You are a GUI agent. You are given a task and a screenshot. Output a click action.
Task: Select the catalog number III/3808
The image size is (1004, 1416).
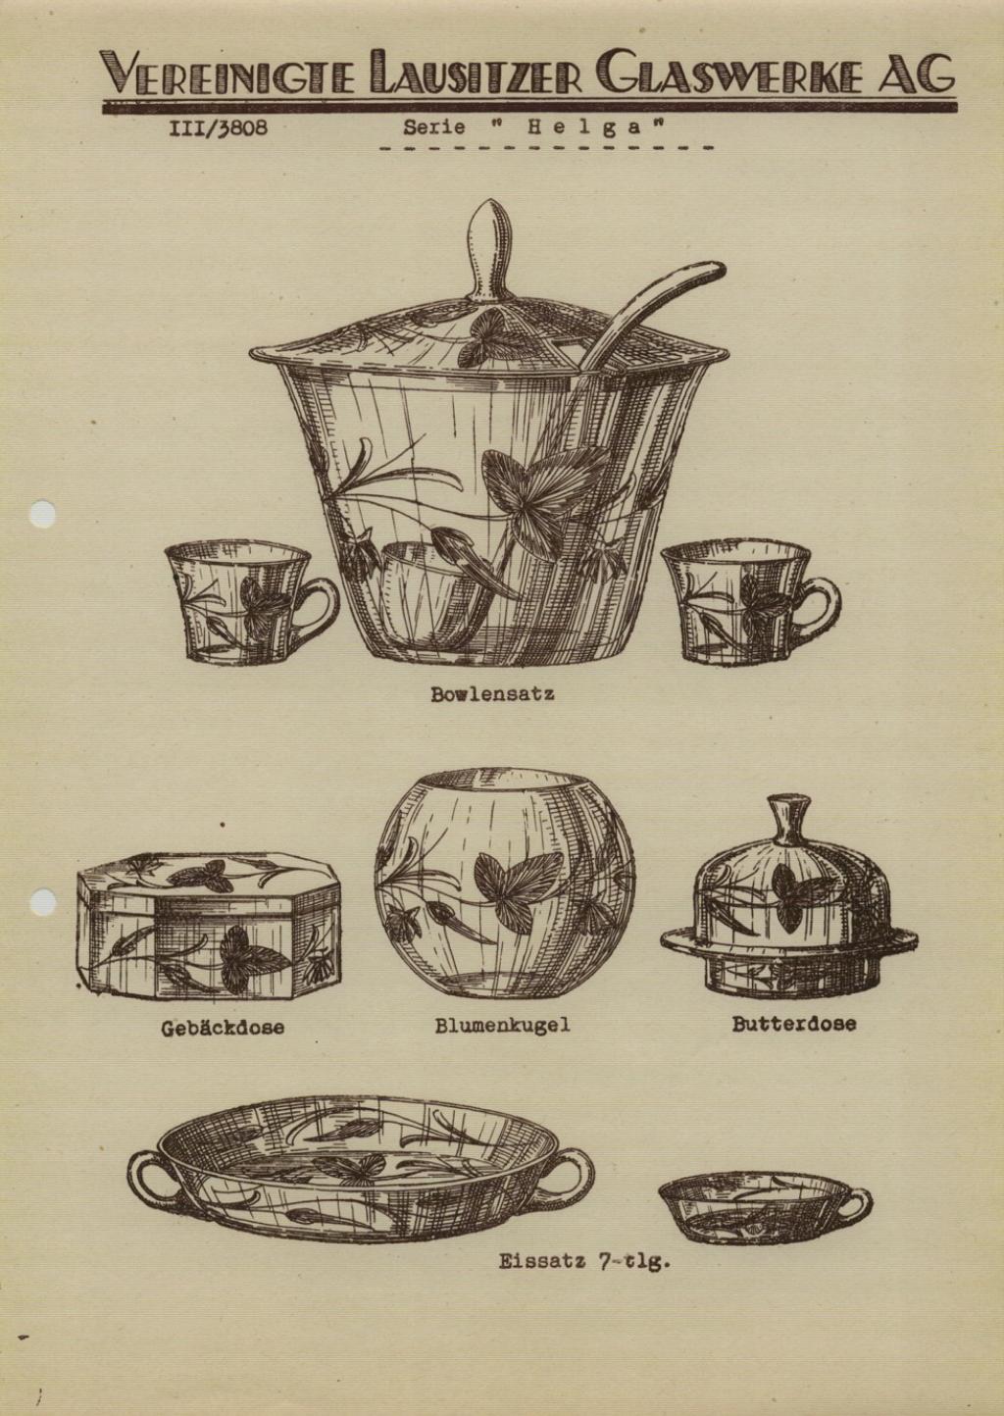tap(218, 128)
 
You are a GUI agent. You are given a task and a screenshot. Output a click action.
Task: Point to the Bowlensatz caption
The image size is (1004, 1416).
tap(492, 694)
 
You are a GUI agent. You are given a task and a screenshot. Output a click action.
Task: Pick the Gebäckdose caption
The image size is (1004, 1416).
tap(223, 1028)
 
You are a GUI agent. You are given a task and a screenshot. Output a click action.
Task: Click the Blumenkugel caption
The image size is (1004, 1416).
tap(502, 1025)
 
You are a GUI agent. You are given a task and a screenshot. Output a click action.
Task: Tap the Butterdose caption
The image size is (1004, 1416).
tap(794, 1024)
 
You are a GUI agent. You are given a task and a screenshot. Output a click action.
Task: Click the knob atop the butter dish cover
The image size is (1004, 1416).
tap(788, 819)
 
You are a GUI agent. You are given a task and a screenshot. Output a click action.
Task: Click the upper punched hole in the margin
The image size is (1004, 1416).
tap(42, 515)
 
